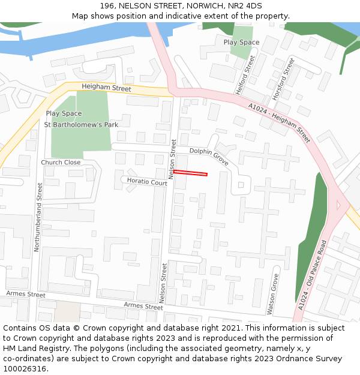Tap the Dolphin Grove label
[x=209, y=156]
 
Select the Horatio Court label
[x=146, y=182]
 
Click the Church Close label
[x=61, y=163]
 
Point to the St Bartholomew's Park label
[x=81, y=124]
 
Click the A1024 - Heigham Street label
[x=279, y=122]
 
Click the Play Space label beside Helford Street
[x=241, y=42]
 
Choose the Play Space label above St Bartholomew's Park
[x=64, y=113]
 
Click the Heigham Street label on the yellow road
[x=106, y=88]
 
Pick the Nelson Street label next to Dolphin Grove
[x=172, y=160]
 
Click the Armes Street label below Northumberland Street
[x=26, y=295]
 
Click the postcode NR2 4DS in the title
[x=245, y=5]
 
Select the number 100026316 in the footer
[x=24, y=368]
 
